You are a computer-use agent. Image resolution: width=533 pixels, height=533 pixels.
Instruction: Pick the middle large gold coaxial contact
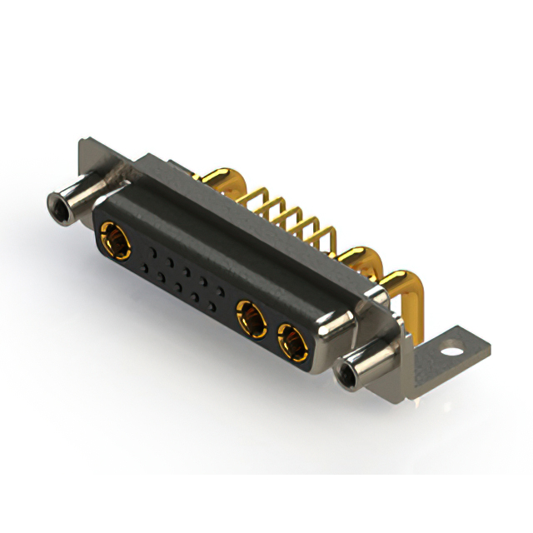[251, 319]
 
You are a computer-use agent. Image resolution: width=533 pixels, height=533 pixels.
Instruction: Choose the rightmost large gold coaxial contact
[291, 340]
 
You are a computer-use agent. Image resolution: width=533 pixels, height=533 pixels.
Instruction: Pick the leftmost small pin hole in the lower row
[143, 267]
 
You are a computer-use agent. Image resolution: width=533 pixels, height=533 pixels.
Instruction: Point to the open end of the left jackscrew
[57, 202]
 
